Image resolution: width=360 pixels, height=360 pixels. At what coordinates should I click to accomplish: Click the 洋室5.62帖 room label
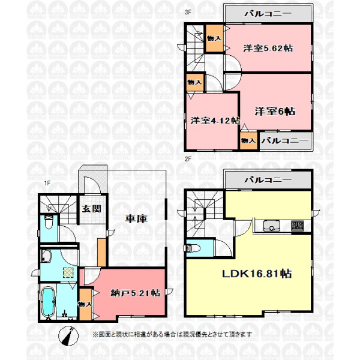click(268, 48)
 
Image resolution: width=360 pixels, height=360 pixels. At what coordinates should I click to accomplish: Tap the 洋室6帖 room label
click(275, 112)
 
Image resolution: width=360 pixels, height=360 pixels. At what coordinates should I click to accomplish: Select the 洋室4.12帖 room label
click(215, 121)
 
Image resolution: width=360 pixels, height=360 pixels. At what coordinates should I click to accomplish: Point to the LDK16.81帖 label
click(257, 274)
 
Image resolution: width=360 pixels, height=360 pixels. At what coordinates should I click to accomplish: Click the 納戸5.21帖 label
click(135, 293)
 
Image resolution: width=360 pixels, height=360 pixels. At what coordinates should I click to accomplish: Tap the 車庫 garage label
click(136, 219)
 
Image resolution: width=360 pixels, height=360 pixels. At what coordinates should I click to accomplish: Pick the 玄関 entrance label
click(92, 209)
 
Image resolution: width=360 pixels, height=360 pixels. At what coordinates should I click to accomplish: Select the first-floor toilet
click(49, 222)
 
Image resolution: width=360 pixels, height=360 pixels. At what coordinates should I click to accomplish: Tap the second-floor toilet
click(192, 248)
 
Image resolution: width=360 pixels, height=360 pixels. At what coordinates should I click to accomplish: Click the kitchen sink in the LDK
click(272, 226)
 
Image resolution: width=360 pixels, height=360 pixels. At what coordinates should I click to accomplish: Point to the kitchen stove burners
click(298, 226)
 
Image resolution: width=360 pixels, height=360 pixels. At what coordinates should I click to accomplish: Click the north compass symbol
click(68, 336)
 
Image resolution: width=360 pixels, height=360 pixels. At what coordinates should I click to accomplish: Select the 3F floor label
click(188, 12)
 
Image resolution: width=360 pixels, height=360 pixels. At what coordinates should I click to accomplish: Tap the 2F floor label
click(188, 159)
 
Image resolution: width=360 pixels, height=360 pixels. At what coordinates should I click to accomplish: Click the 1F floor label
click(47, 184)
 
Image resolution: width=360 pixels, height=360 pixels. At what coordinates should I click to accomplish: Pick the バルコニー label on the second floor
click(268, 180)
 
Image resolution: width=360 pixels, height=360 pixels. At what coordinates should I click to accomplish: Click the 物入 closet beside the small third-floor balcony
click(249, 140)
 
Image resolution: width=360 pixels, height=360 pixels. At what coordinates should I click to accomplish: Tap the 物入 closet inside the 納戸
click(85, 304)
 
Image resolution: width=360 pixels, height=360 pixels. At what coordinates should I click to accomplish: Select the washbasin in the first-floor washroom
click(46, 256)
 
